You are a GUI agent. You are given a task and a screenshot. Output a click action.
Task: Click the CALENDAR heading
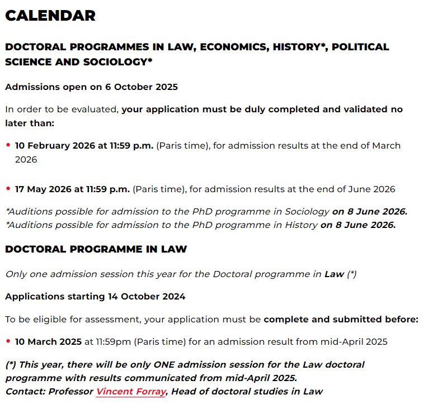[x=50, y=16]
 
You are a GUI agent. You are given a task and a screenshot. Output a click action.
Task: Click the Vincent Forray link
[x=131, y=392]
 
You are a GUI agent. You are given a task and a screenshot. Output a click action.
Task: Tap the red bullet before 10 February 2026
[x=8, y=145]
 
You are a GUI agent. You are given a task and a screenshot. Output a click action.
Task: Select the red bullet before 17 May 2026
[x=8, y=189]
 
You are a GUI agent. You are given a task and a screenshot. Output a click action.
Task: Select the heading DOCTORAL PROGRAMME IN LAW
[x=96, y=249]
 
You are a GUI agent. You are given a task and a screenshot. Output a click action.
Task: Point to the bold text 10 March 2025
[x=48, y=341]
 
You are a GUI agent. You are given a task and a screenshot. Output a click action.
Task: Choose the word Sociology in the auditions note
[x=307, y=211]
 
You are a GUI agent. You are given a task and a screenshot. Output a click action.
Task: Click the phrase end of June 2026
[x=358, y=189]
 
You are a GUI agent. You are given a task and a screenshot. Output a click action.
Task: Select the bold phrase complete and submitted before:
[x=341, y=320]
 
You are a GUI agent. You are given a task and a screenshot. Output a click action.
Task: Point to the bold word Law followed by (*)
[x=334, y=274]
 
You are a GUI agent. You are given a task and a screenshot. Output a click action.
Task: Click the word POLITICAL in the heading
[x=360, y=47]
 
